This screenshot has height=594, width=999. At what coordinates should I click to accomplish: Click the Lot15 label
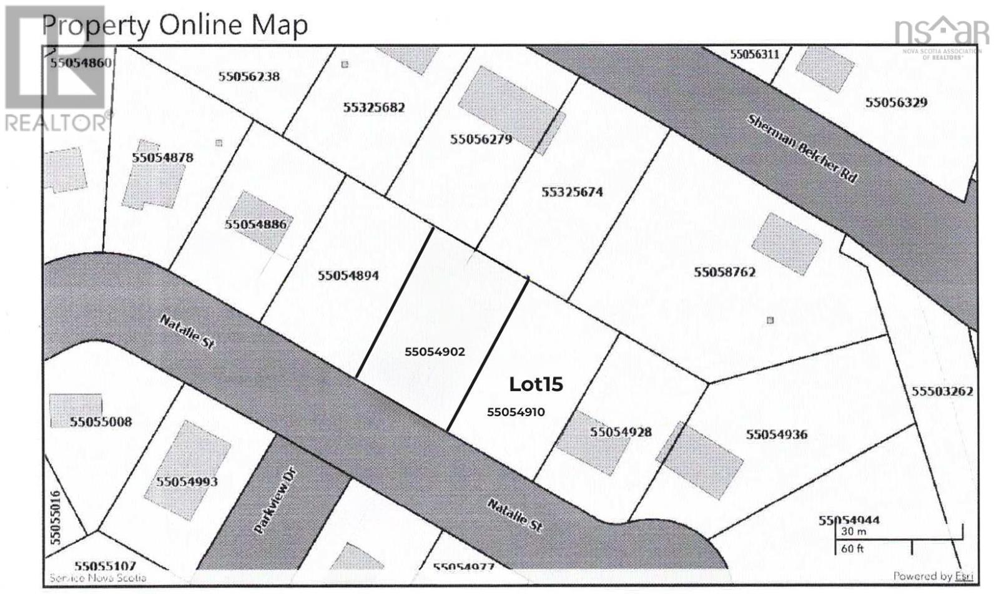[x=536, y=384]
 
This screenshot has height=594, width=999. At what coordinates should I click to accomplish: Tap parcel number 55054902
[x=435, y=352]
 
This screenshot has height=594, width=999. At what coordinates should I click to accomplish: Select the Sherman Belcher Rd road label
[x=802, y=148]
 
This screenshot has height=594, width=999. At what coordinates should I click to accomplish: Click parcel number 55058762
[x=724, y=272]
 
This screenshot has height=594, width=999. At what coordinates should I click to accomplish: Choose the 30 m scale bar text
[x=853, y=532]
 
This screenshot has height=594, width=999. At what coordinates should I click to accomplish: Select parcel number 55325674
[x=572, y=192]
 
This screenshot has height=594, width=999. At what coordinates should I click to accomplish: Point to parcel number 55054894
[x=348, y=275]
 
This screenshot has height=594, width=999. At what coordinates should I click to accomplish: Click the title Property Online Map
[x=175, y=25]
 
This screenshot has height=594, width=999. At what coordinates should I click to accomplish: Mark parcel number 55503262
[x=942, y=391]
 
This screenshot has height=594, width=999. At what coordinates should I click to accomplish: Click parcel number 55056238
[x=249, y=77]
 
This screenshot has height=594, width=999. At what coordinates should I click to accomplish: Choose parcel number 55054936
[x=777, y=434]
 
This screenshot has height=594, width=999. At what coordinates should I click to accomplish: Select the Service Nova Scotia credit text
[x=97, y=578]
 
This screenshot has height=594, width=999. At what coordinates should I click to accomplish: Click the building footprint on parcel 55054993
[x=187, y=462]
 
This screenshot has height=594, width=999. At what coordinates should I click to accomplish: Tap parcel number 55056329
[x=896, y=102]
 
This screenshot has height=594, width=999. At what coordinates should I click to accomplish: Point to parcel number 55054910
[x=516, y=412]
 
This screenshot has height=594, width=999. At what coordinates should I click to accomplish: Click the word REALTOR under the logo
[x=56, y=123]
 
